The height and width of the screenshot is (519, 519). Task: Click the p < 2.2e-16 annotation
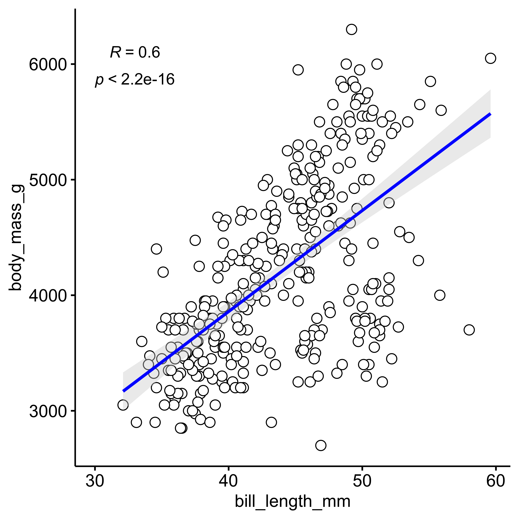pos(135,79)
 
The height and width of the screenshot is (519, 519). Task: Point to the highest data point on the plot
pos(351,29)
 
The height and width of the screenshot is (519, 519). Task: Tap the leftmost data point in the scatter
pos(123,405)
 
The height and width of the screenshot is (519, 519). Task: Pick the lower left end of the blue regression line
pos(124,391)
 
